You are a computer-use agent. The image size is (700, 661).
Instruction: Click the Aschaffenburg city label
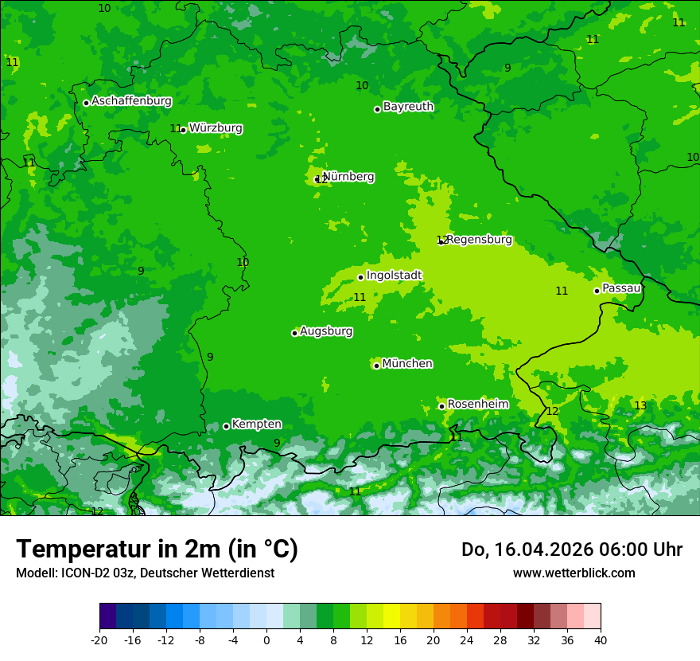coord(131,101)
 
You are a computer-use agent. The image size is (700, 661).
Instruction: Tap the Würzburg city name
coord(216,128)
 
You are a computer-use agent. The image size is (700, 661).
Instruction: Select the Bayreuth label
coord(408,107)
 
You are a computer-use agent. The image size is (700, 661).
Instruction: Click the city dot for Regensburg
coord(441,241)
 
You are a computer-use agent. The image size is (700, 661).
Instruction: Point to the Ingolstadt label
coord(394,276)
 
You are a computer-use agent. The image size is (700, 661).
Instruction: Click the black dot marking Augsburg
coord(294,333)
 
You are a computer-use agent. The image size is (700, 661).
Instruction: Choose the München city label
coord(407,364)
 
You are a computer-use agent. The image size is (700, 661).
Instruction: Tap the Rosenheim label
coord(477,405)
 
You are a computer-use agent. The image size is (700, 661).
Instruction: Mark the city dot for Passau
coord(597,291)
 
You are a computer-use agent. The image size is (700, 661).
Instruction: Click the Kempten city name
coord(256,424)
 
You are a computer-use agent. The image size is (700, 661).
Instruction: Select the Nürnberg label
coord(348,177)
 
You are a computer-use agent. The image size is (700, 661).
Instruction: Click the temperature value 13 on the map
coord(640,406)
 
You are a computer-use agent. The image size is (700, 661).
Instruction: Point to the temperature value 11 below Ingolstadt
coord(360,298)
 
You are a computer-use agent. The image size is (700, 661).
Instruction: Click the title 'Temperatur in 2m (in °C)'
coord(157,549)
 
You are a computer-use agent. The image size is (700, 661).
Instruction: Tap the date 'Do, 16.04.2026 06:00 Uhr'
coord(571,550)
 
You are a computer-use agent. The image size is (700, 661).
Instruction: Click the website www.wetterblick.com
coord(574,573)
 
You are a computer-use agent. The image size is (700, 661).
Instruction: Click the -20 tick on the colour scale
coord(99,640)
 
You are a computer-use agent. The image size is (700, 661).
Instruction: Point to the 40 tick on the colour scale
coord(601,640)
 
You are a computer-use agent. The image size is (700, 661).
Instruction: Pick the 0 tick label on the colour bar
coord(266,640)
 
